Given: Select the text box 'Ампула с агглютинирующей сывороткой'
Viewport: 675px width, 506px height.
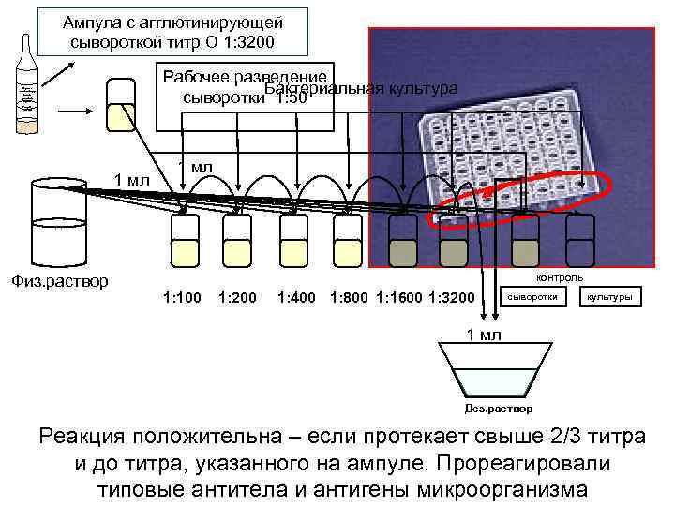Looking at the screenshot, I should [x=172, y=33].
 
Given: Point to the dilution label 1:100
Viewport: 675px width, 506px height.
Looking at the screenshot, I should [x=181, y=298].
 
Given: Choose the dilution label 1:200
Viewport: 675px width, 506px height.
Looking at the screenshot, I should [x=236, y=298].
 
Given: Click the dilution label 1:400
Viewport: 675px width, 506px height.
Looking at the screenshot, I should [x=296, y=298].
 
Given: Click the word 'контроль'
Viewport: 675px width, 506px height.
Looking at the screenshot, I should [x=559, y=276].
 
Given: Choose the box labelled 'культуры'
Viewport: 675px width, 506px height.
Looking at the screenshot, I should [x=609, y=297].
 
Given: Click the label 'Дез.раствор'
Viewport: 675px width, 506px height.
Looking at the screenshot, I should [x=499, y=409].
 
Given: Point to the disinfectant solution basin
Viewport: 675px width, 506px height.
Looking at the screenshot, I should [x=498, y=370].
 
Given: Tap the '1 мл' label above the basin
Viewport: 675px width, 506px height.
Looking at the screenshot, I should [x=485, y=335].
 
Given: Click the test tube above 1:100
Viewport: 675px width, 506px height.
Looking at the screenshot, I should [x=183, y=239].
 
